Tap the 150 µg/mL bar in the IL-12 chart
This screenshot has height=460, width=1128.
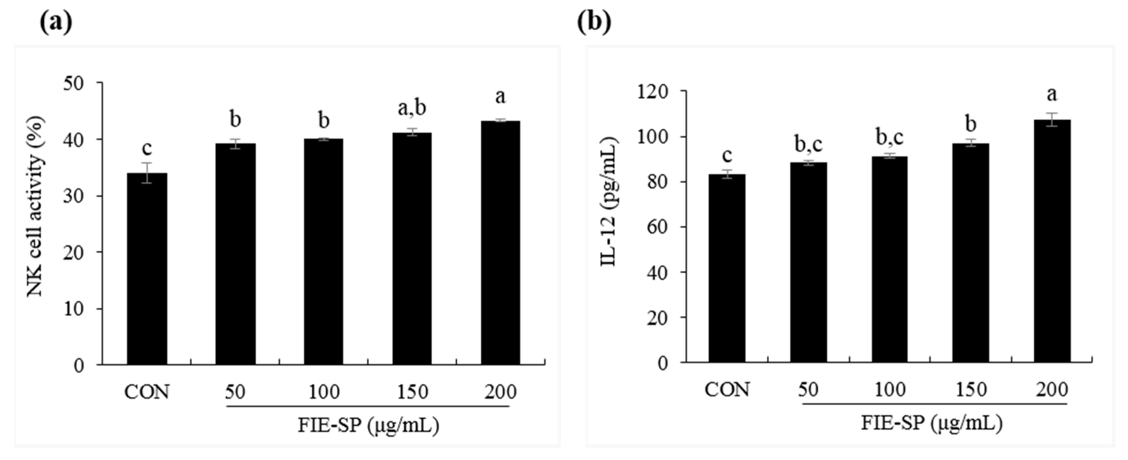pos(970,253)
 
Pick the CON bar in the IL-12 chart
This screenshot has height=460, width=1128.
pos(727,268)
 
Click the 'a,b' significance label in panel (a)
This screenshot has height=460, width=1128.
pos(412,108)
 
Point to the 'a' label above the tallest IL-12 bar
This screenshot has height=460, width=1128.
pos(1051,94)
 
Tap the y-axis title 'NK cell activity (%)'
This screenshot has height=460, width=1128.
pos(35,206)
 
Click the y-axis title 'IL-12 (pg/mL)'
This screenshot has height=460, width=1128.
pos(609,202)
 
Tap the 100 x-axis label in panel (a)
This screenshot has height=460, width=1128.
pos(324,392)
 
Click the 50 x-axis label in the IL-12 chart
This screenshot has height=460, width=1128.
pos(808,390)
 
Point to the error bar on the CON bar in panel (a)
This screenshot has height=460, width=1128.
pos(147,173)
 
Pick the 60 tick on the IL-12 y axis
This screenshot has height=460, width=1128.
pos(657,227)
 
